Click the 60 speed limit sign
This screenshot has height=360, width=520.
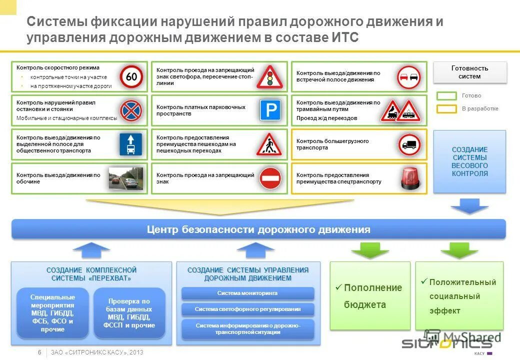pos(131,76)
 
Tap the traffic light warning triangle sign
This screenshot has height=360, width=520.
pos(269,77)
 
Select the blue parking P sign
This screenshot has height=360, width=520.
pos(270,110)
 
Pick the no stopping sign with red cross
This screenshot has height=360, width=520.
pos(131,110)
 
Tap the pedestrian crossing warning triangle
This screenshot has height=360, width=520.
pos(269,144)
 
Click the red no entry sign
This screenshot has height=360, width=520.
pos(270,178)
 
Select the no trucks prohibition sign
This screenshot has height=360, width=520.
pos(409,144)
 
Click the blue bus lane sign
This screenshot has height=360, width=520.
pos(130,144)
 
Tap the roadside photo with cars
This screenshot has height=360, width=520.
pos(126,178)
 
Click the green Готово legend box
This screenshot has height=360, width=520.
pos(446,95)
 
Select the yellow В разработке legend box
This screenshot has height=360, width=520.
pos(446,108)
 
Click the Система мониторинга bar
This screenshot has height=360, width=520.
pos(247,293)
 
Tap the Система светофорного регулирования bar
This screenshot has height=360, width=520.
pos(247,309)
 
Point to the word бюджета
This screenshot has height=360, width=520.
pos(364,304)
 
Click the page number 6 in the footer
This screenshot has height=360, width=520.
pos(39,352)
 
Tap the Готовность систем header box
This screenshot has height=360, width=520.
pos(469,72)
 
